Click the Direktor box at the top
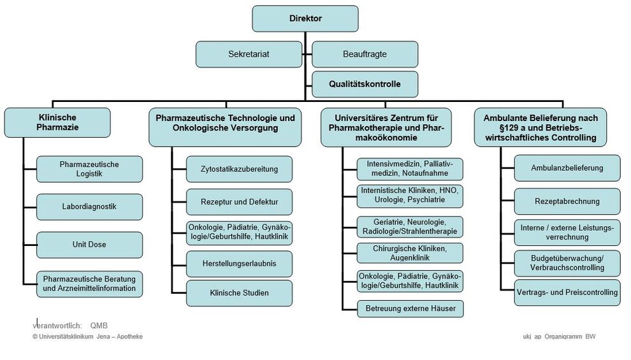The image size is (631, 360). coord(305,18)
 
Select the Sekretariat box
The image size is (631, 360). coord(249,54)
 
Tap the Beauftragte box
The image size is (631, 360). coord(365,54)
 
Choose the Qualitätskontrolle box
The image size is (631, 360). coord(365,84)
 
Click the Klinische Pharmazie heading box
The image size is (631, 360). coord(57,123)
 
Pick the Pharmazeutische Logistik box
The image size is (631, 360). coord(89,169)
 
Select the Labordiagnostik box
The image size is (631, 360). coord(89,206)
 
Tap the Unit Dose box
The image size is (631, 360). coord(89,245)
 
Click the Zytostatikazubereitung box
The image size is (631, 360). coord(239,169)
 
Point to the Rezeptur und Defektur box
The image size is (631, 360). coord(239,202)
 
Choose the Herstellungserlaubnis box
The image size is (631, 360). coord(239,264)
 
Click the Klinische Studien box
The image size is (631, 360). coord(239,293)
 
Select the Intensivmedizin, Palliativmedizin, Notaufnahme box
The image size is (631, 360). coord(410,169)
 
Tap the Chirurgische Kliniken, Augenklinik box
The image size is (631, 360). coord(410,253)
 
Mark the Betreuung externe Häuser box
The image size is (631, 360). coord(410,309)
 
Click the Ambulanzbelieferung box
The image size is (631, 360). coord(567,168)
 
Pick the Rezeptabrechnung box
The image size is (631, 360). coord(567,201)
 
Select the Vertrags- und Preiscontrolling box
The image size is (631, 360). coord(567,292)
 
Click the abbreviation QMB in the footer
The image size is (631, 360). coord(99,326)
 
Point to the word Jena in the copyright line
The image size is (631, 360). coord(103,336)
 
